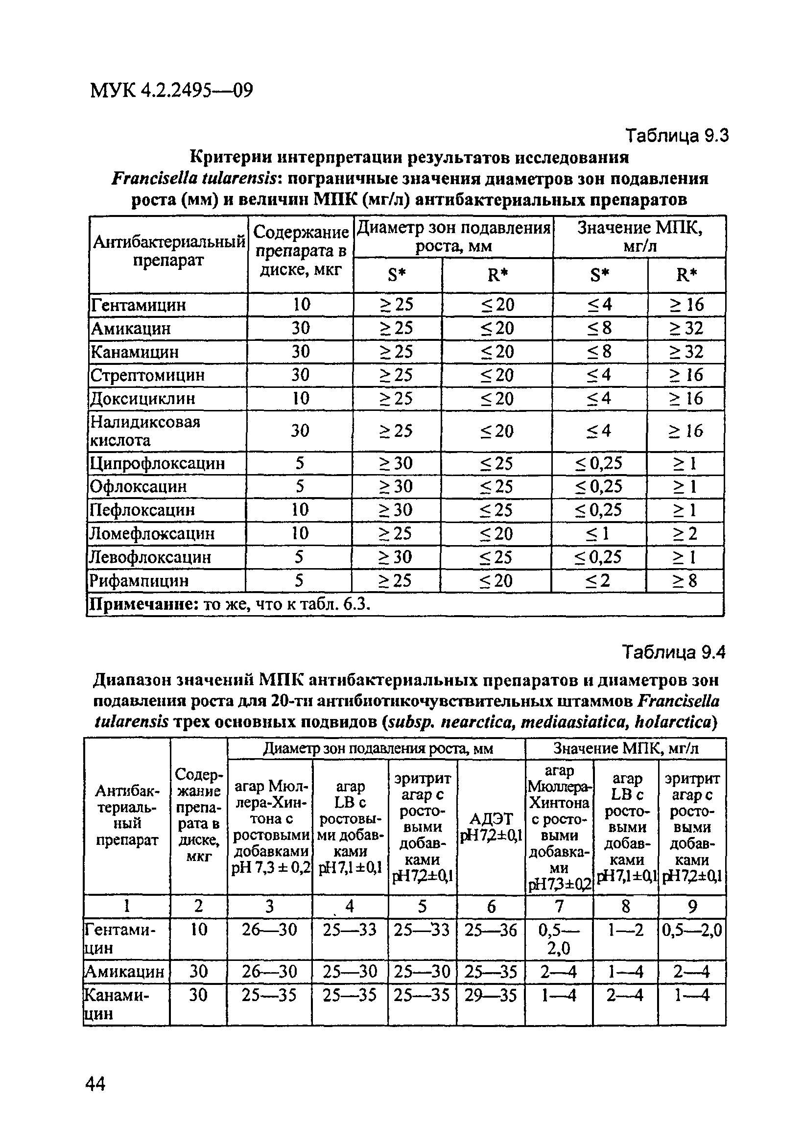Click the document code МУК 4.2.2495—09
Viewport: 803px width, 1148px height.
pyautogui.click(x=171, y=91)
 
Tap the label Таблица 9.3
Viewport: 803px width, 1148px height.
pyautogui.click(x=677, y=136)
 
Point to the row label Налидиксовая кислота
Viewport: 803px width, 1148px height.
pyautogui.click(x=144, y=431)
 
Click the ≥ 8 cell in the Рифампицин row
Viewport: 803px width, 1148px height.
pyautogui.click(x=685, y=580)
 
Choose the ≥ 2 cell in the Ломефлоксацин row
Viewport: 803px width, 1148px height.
pyautogui.click(x=685, y=533)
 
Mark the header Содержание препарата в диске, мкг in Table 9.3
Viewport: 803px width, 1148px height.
pyautogui.click(x=301, y=251)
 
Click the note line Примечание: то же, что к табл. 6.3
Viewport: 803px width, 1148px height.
pyautogui.click(x=230, y=605)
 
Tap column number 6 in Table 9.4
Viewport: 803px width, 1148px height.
pyautogui.click(x=491, y=906)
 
